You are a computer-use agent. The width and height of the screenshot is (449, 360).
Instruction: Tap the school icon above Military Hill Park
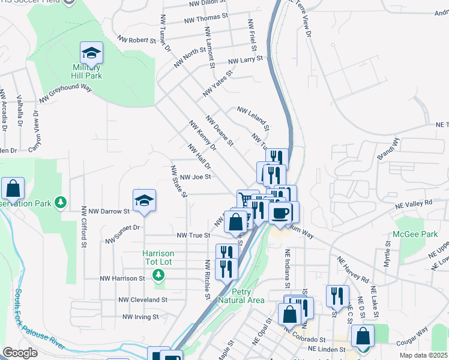click(91, 55)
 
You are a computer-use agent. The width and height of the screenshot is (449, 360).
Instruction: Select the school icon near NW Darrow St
click(144, 200)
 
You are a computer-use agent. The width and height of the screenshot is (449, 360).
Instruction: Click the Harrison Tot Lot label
click(158, 257)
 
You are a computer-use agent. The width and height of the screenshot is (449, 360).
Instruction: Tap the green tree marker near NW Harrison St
click(158, 275)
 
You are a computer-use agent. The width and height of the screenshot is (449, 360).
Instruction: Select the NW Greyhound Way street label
click(65, 94)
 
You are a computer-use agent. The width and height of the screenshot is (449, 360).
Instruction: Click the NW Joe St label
click(195, 177)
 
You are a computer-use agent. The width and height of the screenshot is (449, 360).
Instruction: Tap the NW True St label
click(193, 236)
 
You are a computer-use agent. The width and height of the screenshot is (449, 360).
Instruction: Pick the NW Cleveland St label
click(143, 299)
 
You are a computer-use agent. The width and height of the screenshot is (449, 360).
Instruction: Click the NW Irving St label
click(140, 316)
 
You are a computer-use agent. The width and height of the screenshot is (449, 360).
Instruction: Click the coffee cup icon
click(280, 212)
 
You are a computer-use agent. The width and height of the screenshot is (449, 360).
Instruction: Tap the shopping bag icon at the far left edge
click(13, 190)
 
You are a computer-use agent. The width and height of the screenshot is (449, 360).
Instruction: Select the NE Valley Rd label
click(414, 204)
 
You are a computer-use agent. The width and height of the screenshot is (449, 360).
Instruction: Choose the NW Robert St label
click(136, 40)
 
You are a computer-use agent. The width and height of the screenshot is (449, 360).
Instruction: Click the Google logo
click(20, 352)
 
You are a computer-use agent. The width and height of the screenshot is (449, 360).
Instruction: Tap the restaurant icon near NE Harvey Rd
click(337, 296)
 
